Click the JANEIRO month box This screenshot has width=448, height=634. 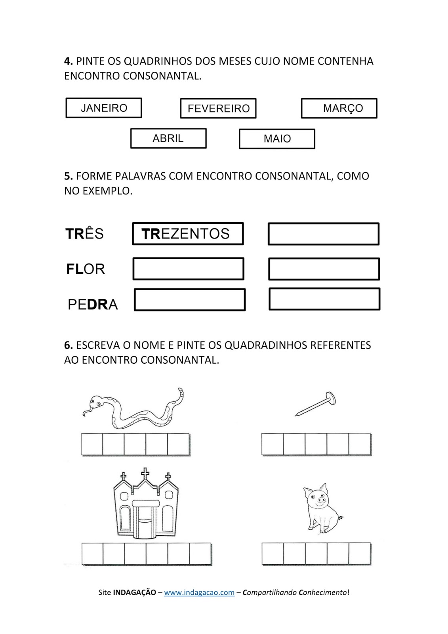[104, 108]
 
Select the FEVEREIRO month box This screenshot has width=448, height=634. [218, 108]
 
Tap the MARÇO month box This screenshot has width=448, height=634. [339, 108]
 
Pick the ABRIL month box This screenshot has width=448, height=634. [168, 138]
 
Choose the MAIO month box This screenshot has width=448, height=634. [277, 139]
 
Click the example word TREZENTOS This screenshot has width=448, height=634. [188, 234]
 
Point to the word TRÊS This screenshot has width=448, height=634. [84, 234]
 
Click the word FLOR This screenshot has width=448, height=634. [86, 269]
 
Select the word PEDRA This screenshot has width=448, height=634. [93, 304]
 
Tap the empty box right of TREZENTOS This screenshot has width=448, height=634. [324, 234]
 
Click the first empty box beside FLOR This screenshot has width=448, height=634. [189, 269]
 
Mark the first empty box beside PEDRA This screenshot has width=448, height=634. [190, 300]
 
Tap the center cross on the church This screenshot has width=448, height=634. [145, 474]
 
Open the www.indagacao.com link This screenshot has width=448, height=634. [199, 592]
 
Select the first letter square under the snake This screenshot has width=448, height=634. [92, 444]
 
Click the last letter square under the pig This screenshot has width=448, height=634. [360, 554]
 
